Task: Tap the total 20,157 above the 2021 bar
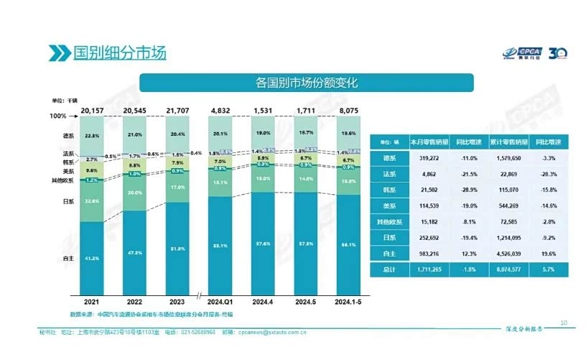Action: click(x=91, y=111)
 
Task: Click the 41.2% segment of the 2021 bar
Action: click(x=91, y=257)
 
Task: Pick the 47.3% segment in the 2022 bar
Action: click(x=134, y=252)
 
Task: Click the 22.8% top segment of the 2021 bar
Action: click(x=91, y=135)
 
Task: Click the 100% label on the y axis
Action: click(x=58, y=116)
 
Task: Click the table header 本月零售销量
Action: click(x=429, y=142)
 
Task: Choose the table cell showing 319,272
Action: click(x=429, y=159)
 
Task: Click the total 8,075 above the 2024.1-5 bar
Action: click(x=350, y=111)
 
